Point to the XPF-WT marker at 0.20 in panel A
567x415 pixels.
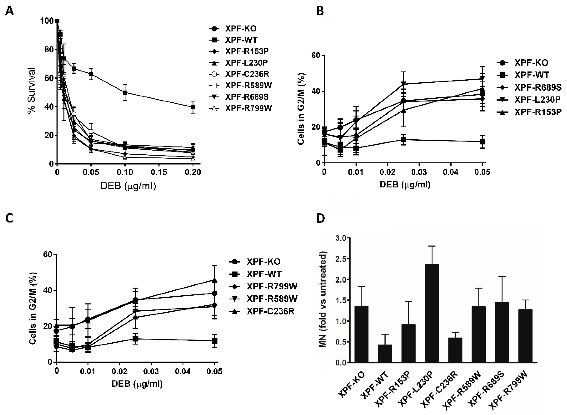[x=193, y=107]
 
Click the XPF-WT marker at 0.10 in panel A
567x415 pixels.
[x=125, y=92]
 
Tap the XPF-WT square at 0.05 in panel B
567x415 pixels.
[x=482, y=142]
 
